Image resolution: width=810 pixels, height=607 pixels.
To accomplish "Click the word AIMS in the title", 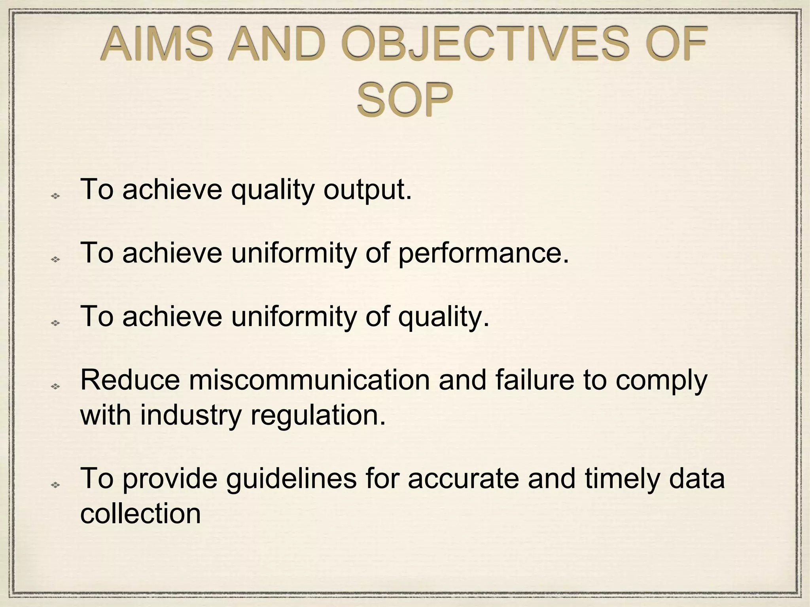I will click(157, 44).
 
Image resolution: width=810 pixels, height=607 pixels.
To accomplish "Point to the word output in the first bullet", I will click(367, 190).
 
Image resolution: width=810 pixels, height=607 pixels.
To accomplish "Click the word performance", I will click(483, 253).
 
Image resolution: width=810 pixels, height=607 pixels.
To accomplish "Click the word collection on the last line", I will click(141, 514).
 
